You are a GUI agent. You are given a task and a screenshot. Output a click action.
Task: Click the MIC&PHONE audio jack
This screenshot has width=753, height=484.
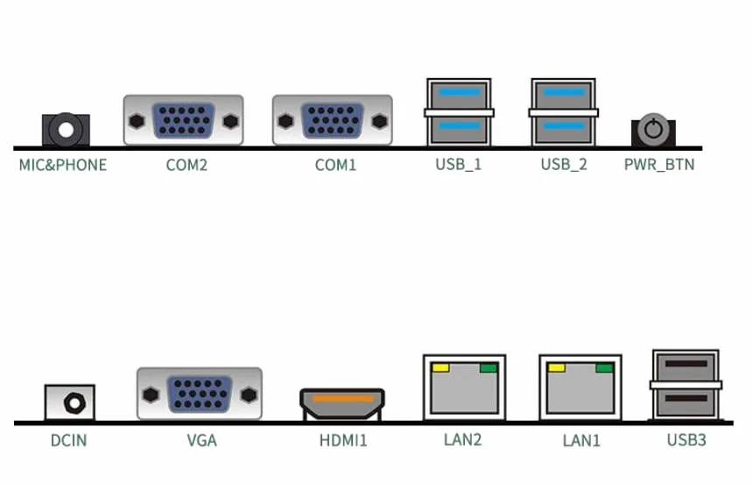[66, 130]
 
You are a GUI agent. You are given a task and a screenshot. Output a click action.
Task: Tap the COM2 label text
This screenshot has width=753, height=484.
[186, 165]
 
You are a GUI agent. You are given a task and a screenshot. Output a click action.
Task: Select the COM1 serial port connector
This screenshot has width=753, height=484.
[333, 120]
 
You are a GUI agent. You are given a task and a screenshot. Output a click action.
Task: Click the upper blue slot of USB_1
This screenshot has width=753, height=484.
[460, 92]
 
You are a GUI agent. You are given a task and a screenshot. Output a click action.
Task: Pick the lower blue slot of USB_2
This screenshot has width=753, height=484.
[564, 126]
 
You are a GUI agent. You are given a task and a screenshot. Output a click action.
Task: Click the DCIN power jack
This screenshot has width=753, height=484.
[70, 402]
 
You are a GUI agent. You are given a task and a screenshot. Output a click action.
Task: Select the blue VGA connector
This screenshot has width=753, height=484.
[200, 394]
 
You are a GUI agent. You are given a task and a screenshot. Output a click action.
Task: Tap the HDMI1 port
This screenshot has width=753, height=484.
[342, 404]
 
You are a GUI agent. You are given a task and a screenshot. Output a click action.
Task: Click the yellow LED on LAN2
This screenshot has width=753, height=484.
[440, 368]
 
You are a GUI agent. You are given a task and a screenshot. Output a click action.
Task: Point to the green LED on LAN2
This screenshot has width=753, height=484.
[489, 368]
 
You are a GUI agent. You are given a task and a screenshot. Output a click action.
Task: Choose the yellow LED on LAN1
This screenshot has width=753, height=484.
[557, 368]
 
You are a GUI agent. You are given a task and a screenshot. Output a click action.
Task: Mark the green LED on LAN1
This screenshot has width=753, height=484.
[605, 368]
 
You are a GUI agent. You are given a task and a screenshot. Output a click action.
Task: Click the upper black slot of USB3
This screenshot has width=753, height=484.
[686, 364]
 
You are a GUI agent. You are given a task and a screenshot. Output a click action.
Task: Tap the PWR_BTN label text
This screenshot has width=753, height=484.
[658, 165]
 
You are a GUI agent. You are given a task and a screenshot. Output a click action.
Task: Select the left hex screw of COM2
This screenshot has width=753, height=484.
[137, 121]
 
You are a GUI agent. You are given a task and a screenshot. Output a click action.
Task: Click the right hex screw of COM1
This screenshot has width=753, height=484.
[379, 121]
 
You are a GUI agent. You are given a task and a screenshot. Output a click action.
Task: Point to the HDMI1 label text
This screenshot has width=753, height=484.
[343, 440]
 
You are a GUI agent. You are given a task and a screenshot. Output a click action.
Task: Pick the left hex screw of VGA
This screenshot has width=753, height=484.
[151, 395]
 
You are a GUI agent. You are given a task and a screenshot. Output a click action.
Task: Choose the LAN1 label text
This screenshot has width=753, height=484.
[581, 440]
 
